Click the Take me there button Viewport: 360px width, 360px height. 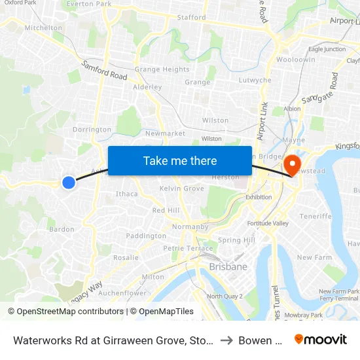coord(180,160)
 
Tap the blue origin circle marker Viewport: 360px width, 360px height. coord(69,183)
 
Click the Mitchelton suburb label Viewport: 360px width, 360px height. coord(43,28)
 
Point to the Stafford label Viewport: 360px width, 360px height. coord(191,18)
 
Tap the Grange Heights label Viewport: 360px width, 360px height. coord(162,69)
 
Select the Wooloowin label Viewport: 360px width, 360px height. coord(295,60)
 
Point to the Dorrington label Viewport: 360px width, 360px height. coord(92,130)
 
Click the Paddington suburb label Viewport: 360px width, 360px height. coord(146,236)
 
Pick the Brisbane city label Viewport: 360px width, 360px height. coord(228,267)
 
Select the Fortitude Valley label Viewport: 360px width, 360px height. coord(268,224)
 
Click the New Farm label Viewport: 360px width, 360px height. coord(314,257)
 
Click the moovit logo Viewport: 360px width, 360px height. coord(321,339)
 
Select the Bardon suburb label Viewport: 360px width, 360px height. coord(62,229)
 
